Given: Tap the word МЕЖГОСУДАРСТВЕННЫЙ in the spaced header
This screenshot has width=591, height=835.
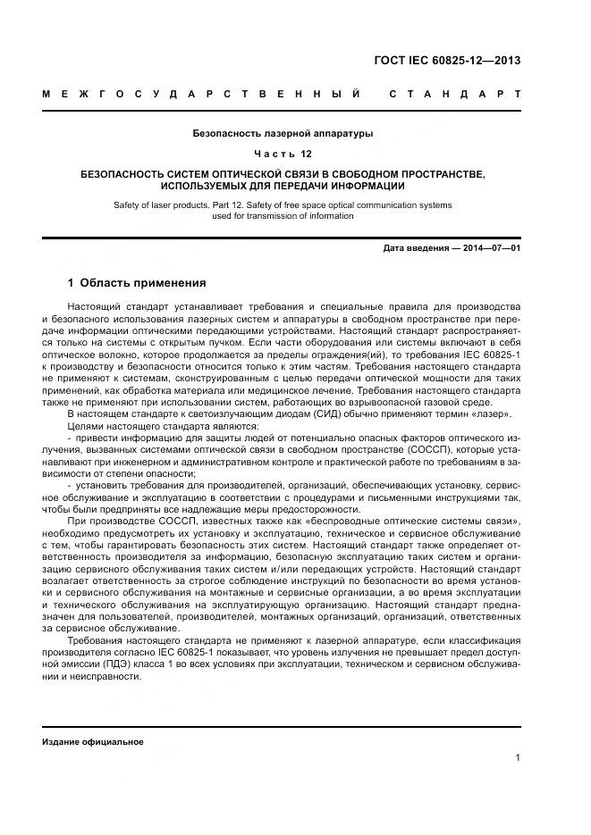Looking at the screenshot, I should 202,93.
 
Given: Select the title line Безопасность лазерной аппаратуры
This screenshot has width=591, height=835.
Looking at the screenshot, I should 283,133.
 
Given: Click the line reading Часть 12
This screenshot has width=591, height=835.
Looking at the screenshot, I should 283,154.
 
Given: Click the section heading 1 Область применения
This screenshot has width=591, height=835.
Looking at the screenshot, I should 137,283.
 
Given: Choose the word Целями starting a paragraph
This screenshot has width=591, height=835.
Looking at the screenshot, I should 86,427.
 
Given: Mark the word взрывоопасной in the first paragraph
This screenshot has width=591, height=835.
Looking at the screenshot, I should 391,402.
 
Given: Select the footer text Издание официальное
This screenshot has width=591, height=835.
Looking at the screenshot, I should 93,742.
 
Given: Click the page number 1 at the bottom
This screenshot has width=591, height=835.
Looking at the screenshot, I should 518,758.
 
